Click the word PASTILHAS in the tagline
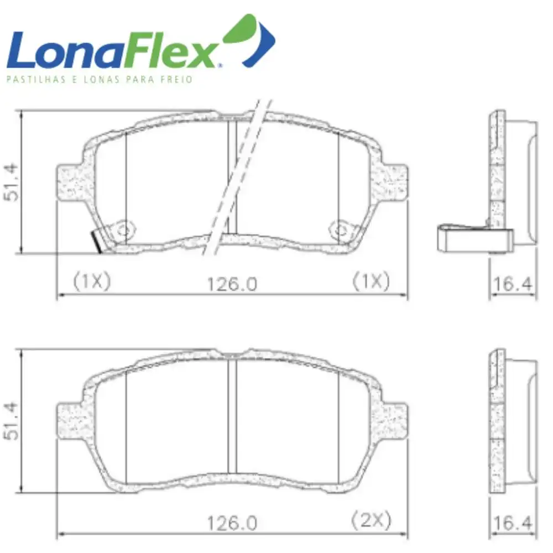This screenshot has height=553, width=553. point(36,79)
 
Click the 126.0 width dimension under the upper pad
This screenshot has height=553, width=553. point(232,284)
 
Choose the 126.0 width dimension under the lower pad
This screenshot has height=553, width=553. point(232,523)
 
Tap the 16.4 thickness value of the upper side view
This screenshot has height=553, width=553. point(513,284)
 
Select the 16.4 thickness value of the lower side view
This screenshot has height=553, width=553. point(513,523)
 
